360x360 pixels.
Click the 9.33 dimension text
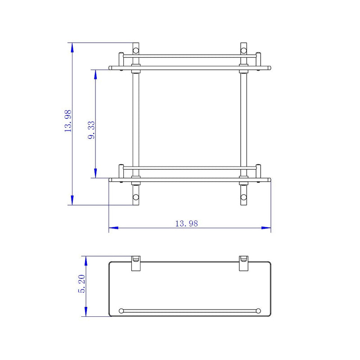(x=91, y=130)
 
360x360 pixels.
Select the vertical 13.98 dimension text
(x=68, y=121)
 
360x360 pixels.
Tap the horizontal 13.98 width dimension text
(x=186, y=223)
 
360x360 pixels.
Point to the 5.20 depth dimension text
(x=81, y=285)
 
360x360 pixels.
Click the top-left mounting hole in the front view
(x=135, y=49)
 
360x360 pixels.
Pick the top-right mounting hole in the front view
(x=243, y=49)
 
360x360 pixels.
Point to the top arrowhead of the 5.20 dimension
(x=85, y=260)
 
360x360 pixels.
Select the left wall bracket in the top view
(x=135, y=264)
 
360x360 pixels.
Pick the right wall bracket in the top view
(x=243, y=264)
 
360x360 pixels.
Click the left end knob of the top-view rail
(x=121, y=310)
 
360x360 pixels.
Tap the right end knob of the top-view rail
(x=258, y=310)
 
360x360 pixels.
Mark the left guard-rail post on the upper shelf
(x=121, y=60)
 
